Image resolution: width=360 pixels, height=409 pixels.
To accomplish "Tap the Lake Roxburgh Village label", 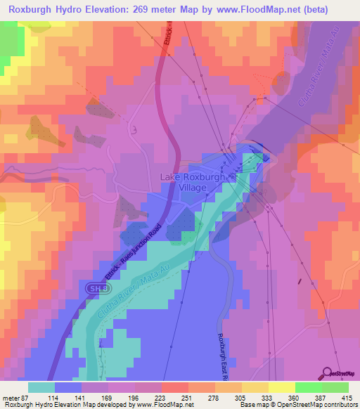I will point(193,182).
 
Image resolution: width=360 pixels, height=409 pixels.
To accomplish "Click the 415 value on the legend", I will point(348,398).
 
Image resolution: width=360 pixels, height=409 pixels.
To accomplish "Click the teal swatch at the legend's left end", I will point(41,387).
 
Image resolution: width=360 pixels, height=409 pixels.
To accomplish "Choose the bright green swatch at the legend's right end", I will point(335,387).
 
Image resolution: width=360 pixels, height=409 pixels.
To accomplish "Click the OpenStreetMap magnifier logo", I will point(328,375).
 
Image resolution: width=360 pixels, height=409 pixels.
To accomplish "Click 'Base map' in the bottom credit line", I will point(252,405).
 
